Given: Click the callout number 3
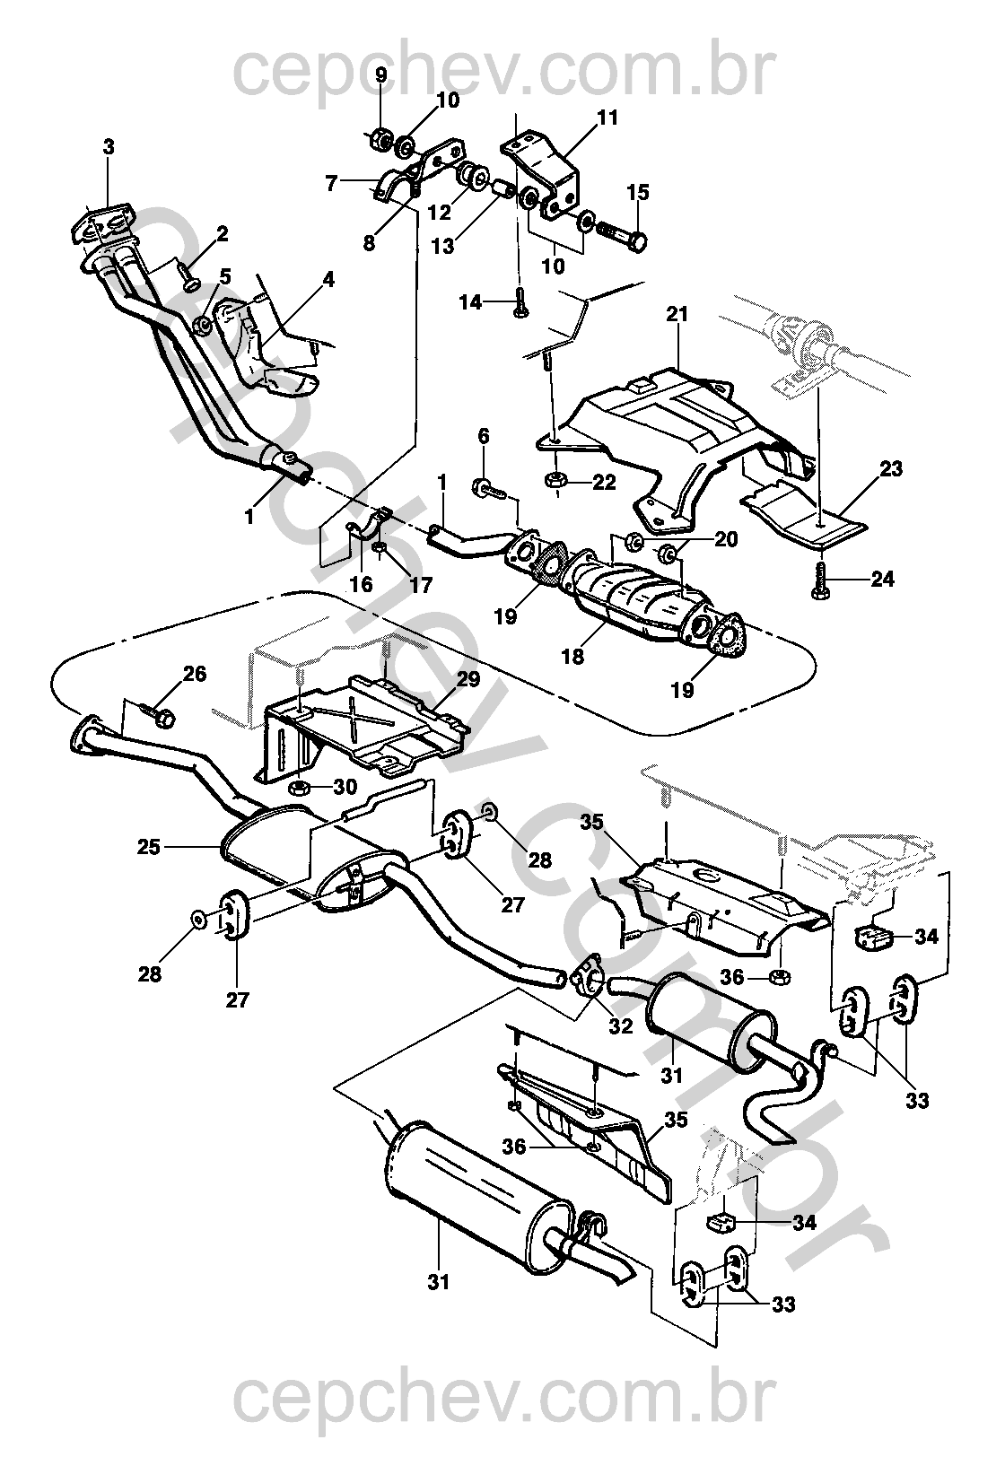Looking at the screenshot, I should point(109,147).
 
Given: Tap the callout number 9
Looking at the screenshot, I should point(380,75).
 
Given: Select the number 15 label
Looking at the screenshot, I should point(638,193).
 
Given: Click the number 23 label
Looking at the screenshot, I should point(891,468).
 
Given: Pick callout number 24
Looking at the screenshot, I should point(883,580).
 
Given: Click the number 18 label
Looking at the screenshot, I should point(572,656).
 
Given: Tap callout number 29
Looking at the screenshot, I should point(469,679).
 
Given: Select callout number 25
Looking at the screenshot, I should point(150,846).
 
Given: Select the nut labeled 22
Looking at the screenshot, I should point(555,481).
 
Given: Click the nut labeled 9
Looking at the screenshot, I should point(380,138).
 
